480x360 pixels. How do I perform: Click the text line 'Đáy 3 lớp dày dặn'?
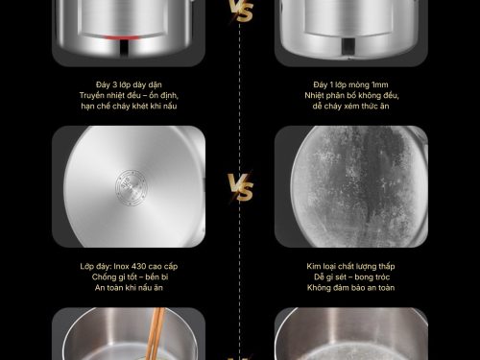coord(129,84)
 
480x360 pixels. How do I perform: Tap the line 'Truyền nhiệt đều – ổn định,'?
coord(129,95)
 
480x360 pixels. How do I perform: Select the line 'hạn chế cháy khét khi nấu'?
coord(129,106)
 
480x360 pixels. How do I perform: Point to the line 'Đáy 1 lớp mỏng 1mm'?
coord(350,84)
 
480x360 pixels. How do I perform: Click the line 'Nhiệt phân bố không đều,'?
coord(351,95)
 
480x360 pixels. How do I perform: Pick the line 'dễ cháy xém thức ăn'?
coord(350,106)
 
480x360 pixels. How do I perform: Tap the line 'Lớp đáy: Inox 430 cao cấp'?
coord(129,266)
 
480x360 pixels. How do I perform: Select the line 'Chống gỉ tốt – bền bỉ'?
coord(130,276)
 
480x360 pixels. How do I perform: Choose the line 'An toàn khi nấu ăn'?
coord(129,288)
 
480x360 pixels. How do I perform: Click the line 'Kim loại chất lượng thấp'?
coord(350,266)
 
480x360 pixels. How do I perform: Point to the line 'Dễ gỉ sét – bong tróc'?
coord(351,276)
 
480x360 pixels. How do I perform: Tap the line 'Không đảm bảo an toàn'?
coord(350,288)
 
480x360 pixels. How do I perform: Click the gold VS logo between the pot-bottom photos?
coord(241,187)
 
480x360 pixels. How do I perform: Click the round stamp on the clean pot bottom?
coord(131,187)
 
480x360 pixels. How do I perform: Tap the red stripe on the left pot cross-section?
coord(123,37)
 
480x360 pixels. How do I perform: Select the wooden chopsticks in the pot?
coord(156,334)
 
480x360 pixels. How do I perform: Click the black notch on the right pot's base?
coord(348,46)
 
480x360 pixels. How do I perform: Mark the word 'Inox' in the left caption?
coord(121,266)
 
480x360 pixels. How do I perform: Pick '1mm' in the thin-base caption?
coord(380,84)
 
